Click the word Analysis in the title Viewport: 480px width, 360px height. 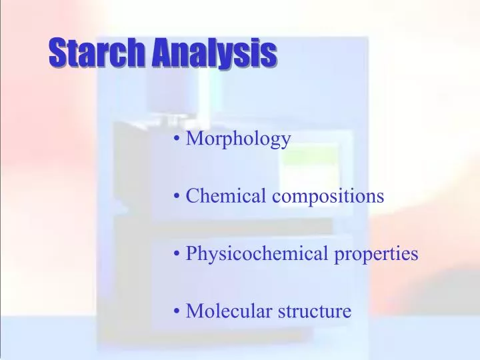click(x=212, y=53)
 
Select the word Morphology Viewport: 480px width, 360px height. click(x=238, y=139)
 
